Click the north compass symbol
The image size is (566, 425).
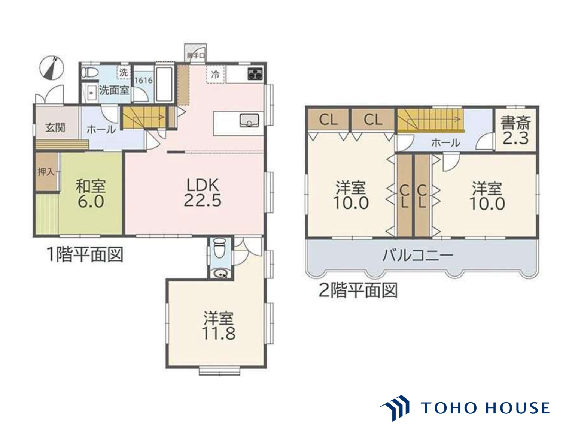point(52,68)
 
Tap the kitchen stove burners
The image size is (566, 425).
point(256,74)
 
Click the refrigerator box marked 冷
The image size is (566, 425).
point(215,74)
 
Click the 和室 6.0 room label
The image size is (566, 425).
point(91,194)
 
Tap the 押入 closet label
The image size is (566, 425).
point(46,172)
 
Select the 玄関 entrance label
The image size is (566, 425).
point(55,127)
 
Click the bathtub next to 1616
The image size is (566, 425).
point(164,85)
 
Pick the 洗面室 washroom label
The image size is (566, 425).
point(114,90)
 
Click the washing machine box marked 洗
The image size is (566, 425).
point(123,72)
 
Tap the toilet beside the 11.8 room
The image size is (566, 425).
point(219,249)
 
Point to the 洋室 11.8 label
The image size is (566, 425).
point(219,326)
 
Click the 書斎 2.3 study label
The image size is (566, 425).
point(515,131)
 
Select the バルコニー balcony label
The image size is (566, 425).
point(418,256)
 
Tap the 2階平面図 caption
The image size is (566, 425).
point(358,290)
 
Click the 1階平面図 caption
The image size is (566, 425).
point(84,255)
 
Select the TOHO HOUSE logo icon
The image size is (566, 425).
point(395,407)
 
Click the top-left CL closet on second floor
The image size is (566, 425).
point(328,120)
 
